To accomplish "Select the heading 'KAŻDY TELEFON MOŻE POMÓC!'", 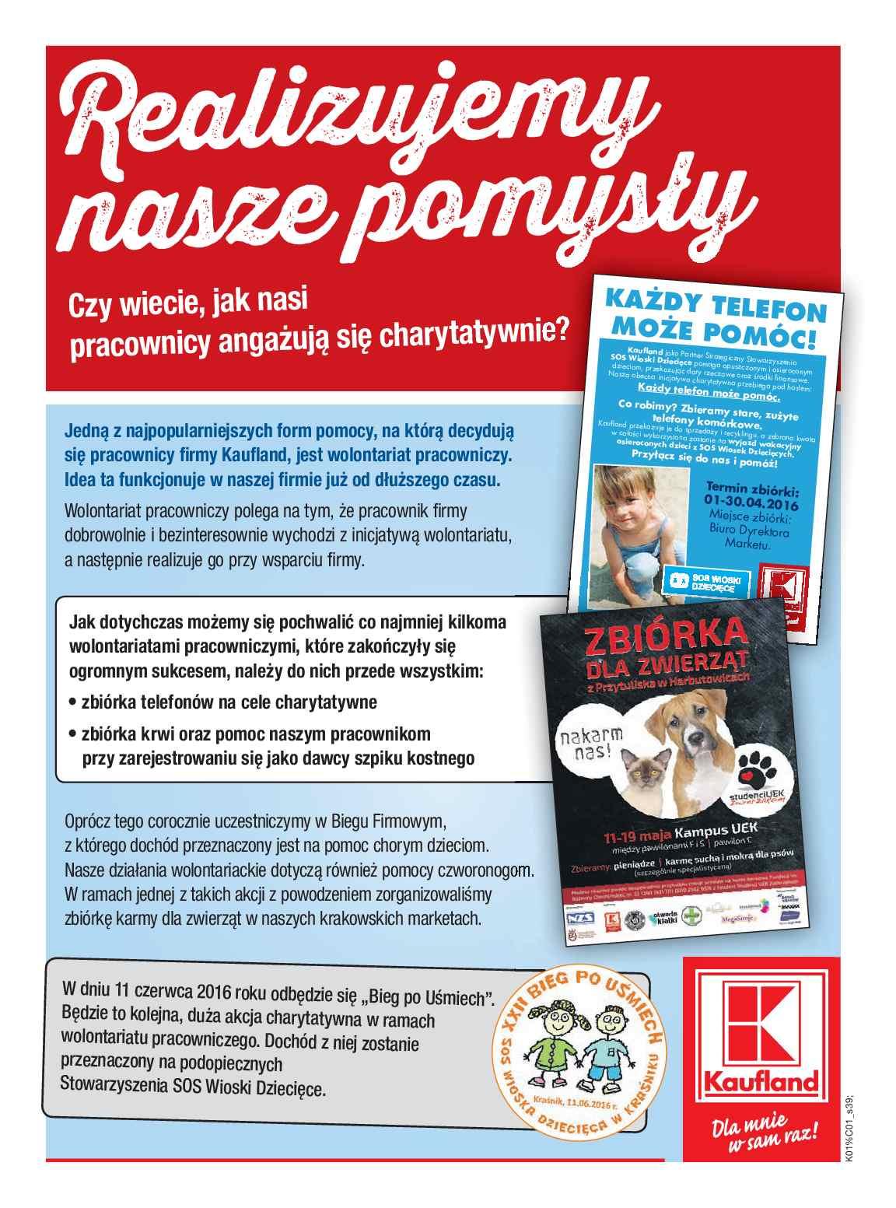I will click(x=714, y=323).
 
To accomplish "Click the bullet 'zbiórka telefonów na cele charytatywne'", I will click(x=229, y=702).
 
